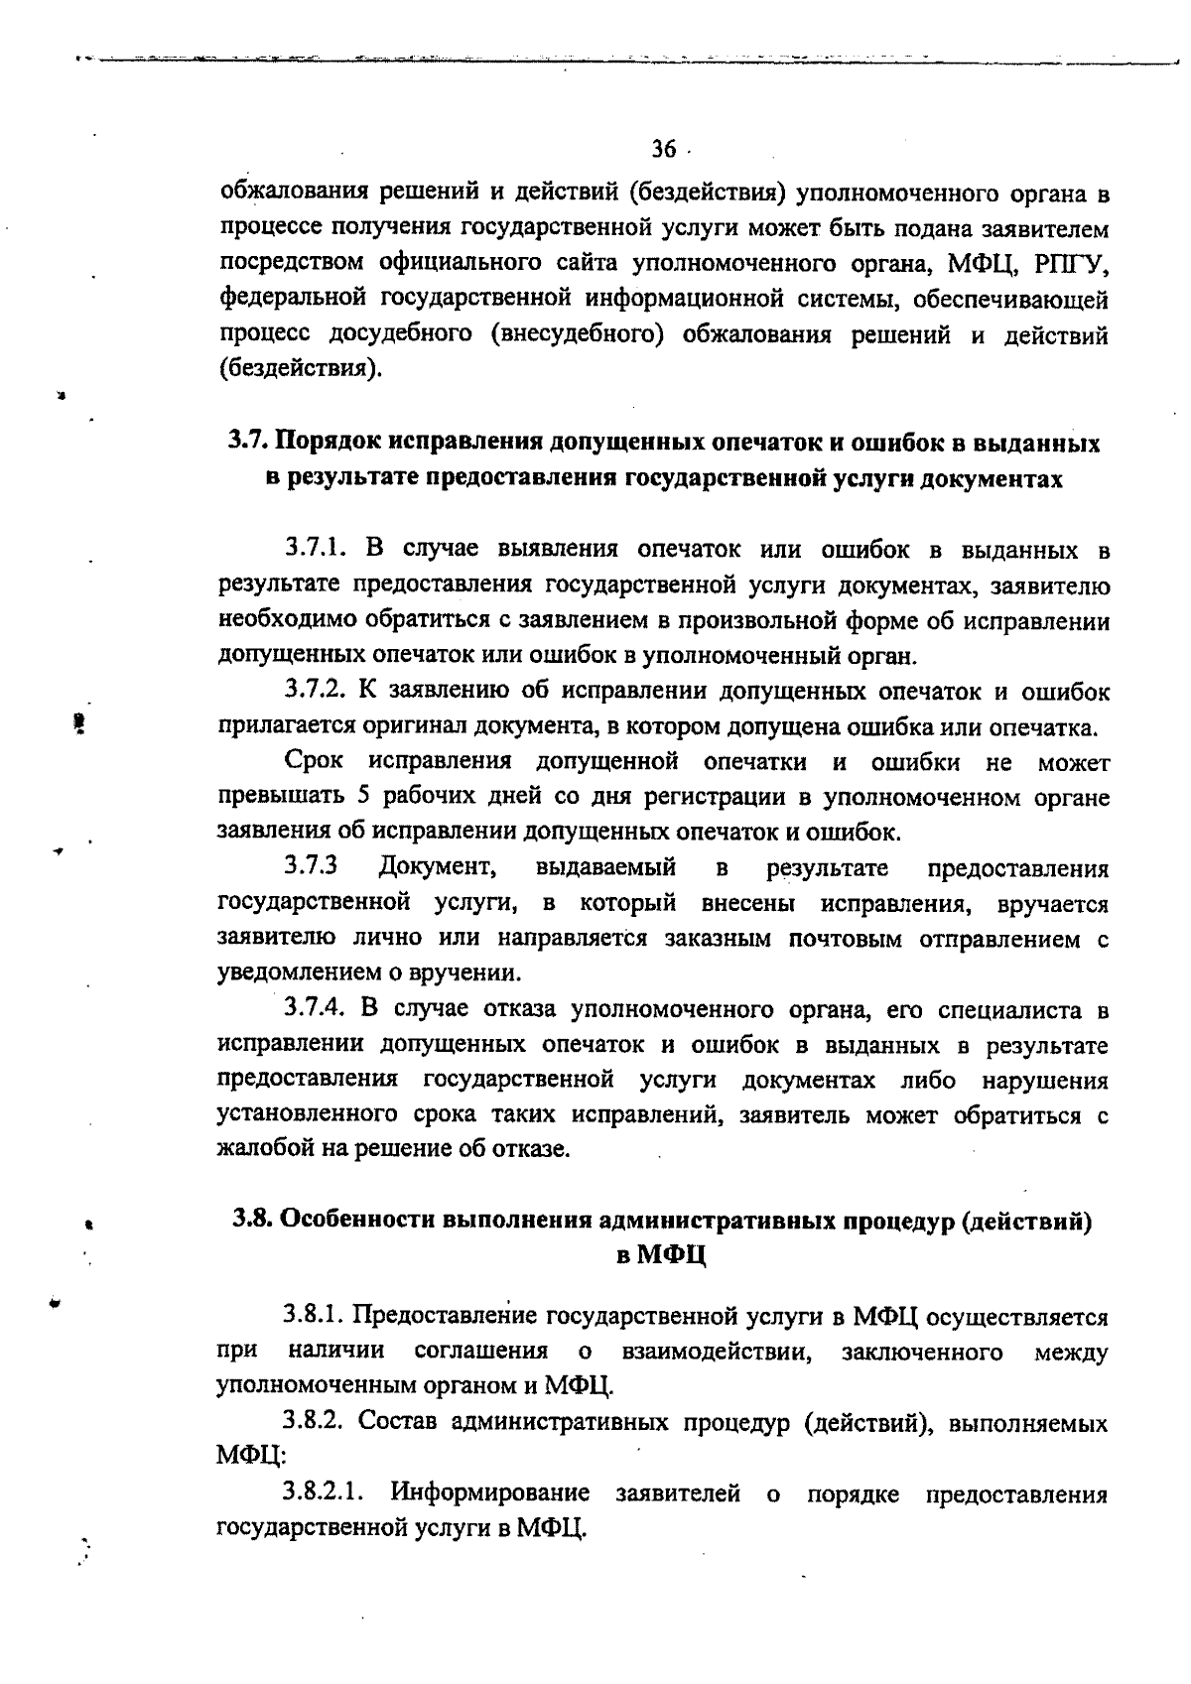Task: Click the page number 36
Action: (x=662, y=150)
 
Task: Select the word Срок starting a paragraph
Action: (x=314, y=762)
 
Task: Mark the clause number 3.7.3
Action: (x=312, y=868)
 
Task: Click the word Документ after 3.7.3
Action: (x=439, y=868)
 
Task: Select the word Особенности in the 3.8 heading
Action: (x=359, y=1220)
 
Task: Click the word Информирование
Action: (x=490, y=1493)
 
